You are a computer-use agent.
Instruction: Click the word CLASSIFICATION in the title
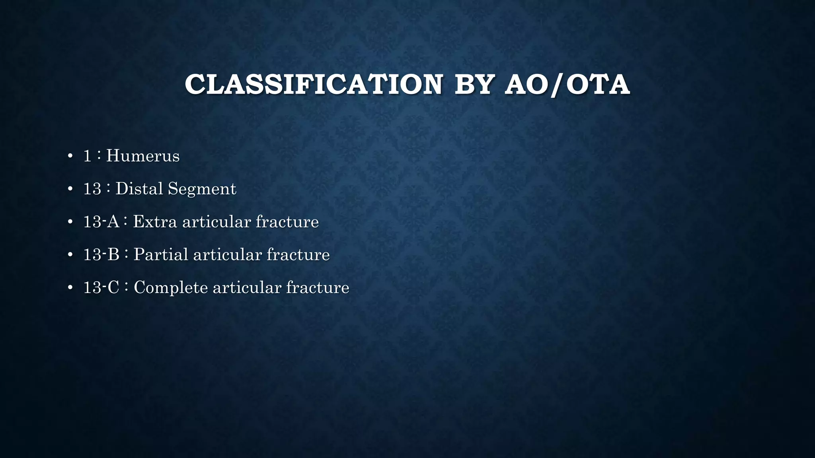[x=314, y=84]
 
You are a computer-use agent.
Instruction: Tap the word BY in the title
[x=474, y=84]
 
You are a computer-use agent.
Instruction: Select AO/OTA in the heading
[x=567, y=84]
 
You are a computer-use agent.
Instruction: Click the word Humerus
[x=142, y=156]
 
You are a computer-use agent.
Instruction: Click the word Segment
[x=202, y=189]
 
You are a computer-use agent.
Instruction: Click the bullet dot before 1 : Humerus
[x=70, y=156]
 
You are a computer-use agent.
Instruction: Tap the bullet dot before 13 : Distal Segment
[x=70, y=189]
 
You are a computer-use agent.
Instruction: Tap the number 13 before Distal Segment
[x=92, y=189]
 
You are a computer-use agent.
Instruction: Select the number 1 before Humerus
[x=87, y=156]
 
